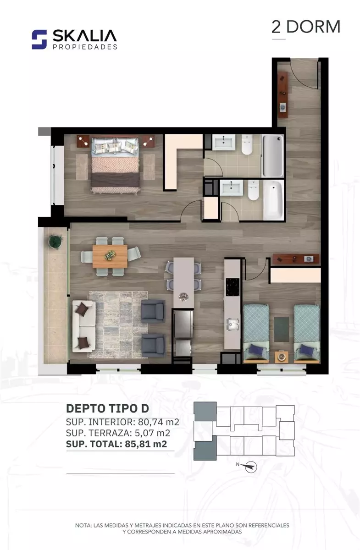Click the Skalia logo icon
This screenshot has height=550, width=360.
(39, 39)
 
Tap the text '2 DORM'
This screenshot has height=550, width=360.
(306, 27)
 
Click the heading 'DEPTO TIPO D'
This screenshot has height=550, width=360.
(107, 408)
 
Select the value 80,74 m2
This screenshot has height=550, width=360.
(159, 422)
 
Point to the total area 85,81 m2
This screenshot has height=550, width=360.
(146, 444)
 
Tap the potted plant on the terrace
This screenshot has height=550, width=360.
(55, 242)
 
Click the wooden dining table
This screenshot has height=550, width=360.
(110, 256)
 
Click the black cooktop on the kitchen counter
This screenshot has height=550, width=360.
(233, 287)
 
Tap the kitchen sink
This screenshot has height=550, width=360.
(233, 325)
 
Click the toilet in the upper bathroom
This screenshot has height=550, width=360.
(247, 145)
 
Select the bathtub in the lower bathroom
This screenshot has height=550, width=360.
(273, 200)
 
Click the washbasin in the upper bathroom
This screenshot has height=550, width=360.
(224, 142)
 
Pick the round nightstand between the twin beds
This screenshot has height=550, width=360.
(282, 357)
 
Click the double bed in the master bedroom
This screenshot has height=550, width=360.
(115, 165)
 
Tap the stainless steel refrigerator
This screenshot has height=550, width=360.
(183, 324)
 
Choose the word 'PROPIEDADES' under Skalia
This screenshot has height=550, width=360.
(85, 47)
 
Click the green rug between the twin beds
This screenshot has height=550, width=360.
(282, 329)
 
